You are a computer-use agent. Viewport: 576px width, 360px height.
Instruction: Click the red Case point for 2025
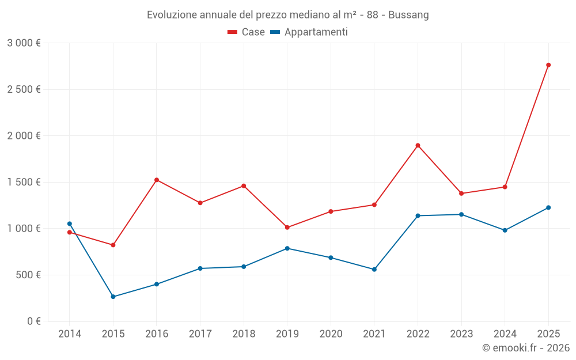[548, 65]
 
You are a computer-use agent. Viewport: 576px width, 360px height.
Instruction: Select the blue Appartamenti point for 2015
[113, 297]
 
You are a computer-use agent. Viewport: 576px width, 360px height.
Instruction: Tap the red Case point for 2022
[418, 145]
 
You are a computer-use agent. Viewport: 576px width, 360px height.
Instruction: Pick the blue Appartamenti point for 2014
[70, 223]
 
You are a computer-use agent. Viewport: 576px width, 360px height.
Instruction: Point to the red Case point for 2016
[157, 180]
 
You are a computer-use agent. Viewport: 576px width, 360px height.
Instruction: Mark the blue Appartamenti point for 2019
[287, 248]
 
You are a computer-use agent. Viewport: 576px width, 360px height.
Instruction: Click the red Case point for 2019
[287, 228]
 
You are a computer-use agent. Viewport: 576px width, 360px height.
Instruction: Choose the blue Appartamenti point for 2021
[374, 270]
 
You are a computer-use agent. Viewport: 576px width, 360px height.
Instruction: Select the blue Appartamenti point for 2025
[548, 207]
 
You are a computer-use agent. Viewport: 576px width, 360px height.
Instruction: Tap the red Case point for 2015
[113, 245]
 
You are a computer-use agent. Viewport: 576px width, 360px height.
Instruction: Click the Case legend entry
[247, 32]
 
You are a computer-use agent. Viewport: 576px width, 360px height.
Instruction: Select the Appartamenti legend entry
[309, 32]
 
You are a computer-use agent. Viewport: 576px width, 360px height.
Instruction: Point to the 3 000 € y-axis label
[24, 43]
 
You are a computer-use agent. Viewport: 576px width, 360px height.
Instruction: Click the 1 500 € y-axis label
[24, 182]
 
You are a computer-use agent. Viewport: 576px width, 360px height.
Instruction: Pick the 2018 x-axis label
[244, 334]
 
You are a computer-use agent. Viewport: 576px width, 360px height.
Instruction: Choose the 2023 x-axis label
[461, 334]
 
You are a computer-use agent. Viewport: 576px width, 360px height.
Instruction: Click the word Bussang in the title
[408, 15]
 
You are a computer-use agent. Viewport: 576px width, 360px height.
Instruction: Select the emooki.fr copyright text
[526, 348]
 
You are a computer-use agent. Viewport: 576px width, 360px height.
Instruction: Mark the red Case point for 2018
[244, 186]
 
